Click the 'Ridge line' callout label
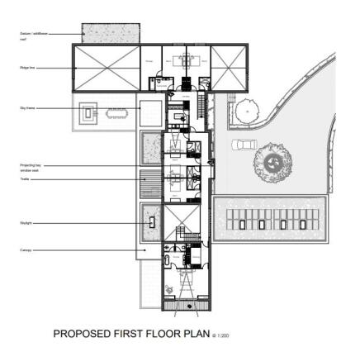click(x=26, y=69)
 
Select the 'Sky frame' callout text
click(x=26, y=108)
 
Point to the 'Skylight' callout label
click(x=26, y=222)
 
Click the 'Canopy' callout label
click(x=26, y=249)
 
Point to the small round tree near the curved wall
click(x=245, y=111)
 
